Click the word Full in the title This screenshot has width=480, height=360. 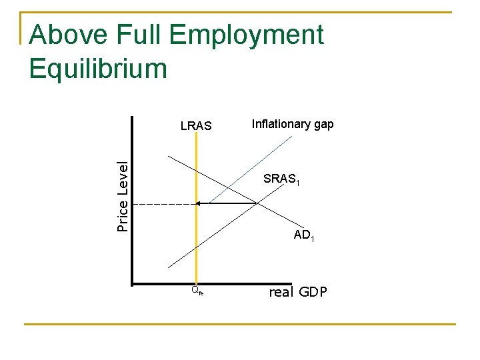[140, 35]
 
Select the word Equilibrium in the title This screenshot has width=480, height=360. [98, 68]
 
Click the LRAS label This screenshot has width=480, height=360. [196, 125]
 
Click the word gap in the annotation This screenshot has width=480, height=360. [324, 125]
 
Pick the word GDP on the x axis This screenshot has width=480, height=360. [313, 291]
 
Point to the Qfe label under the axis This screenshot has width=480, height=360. [197, 291]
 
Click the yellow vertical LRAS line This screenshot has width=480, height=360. [196, 247]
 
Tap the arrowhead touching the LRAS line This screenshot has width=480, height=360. [199, 203]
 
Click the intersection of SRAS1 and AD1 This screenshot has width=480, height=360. [257, 203]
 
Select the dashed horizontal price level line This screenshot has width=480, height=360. [163, 203]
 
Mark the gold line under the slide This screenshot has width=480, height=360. [240, 325]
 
